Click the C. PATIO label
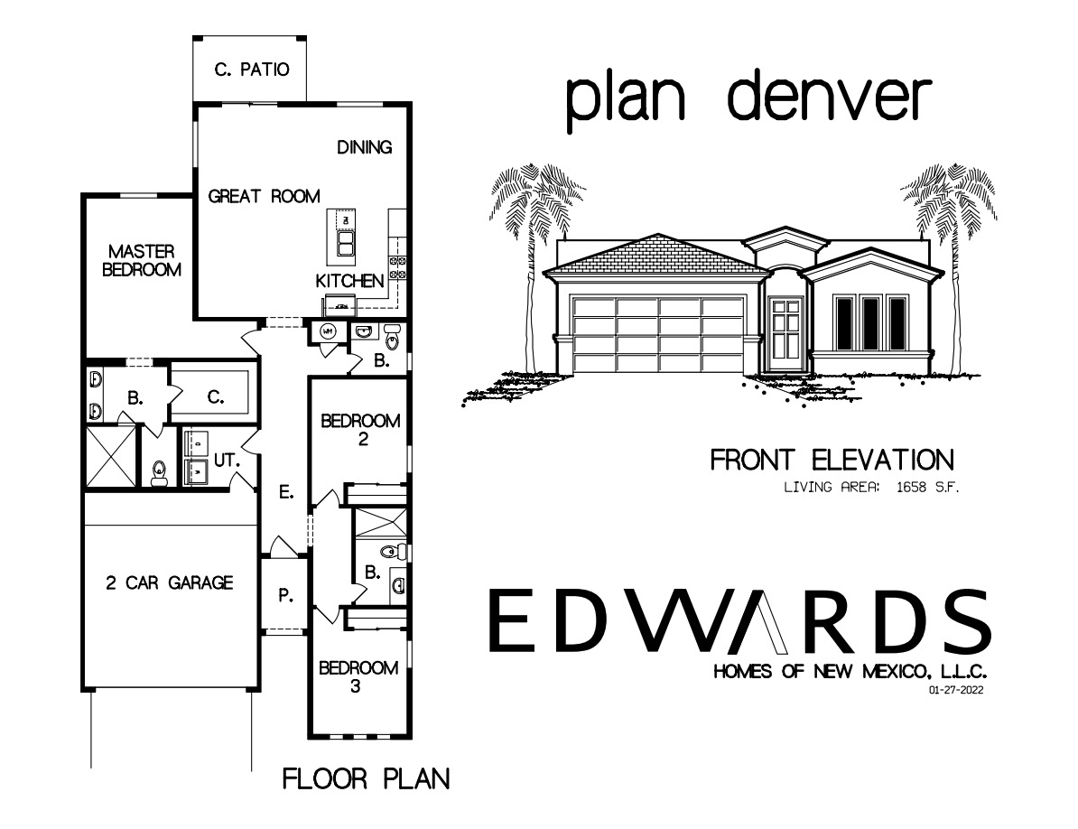[x=252, y=70]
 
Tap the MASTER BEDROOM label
[x=142, y=260]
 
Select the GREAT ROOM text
[x=264, y=196]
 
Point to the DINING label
[x=365, y=147]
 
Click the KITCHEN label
[x=349, y=282]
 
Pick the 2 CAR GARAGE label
[x=170, y=582]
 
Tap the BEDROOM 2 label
[x=360, y=430]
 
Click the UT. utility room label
[x=226, y=461]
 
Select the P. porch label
[x=285, y=595]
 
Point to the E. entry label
[x=284, y=492]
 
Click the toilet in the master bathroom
[x=160, y=470]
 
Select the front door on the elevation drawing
[x=785, y=331]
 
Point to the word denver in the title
[x=828, y=98]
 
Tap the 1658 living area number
[x=913, y=489]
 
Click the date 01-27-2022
[x=955, y=691]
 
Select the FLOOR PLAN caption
[x=366, y=778]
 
